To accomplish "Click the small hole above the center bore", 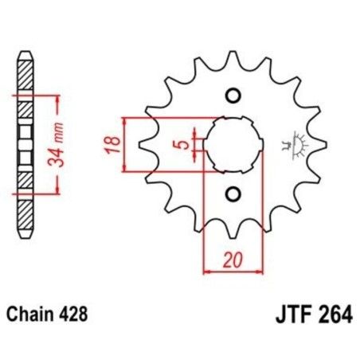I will pyautogui.click(x=233, y=97).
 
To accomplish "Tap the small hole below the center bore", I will pyautogui.click(x=233, y=194).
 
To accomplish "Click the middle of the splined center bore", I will pyautogui.click(x=232, y=145).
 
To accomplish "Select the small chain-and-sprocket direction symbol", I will pyautogui.click(x=286, y=145).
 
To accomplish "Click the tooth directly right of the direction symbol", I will pyautogui.click(x=313, y=145).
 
